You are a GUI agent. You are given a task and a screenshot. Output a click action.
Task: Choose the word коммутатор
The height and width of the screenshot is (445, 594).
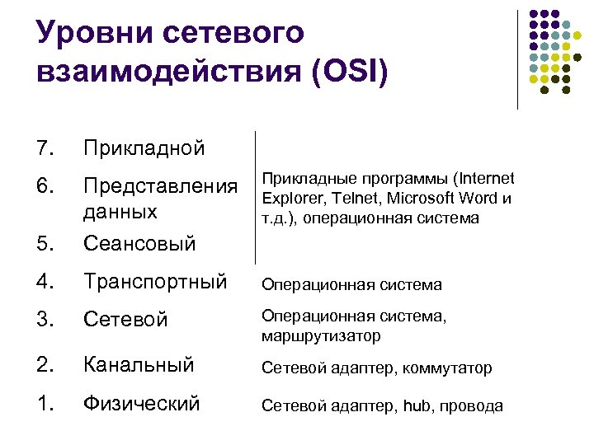click(446, 368)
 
